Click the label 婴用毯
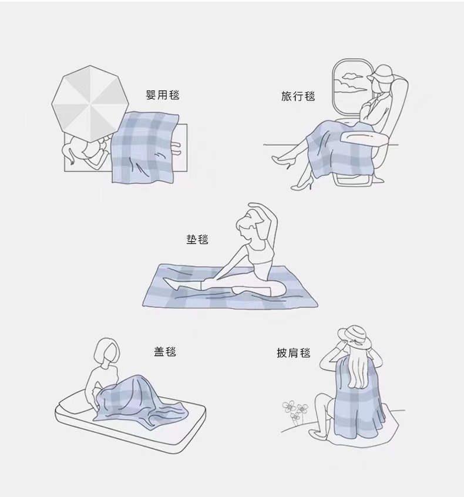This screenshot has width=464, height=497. point(163,95)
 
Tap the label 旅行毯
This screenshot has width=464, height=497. point(298,96)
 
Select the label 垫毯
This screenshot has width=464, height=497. point(197,239)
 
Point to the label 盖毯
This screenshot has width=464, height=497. point(165,352)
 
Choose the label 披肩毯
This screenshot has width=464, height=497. point(293,352)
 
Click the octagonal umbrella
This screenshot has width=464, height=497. point(90,103)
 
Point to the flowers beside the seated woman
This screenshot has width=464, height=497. point(295,411)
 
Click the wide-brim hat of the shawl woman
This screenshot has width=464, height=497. point(354,337)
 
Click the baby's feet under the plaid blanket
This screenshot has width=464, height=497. point(176,149)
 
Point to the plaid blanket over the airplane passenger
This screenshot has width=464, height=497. point(333,149)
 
